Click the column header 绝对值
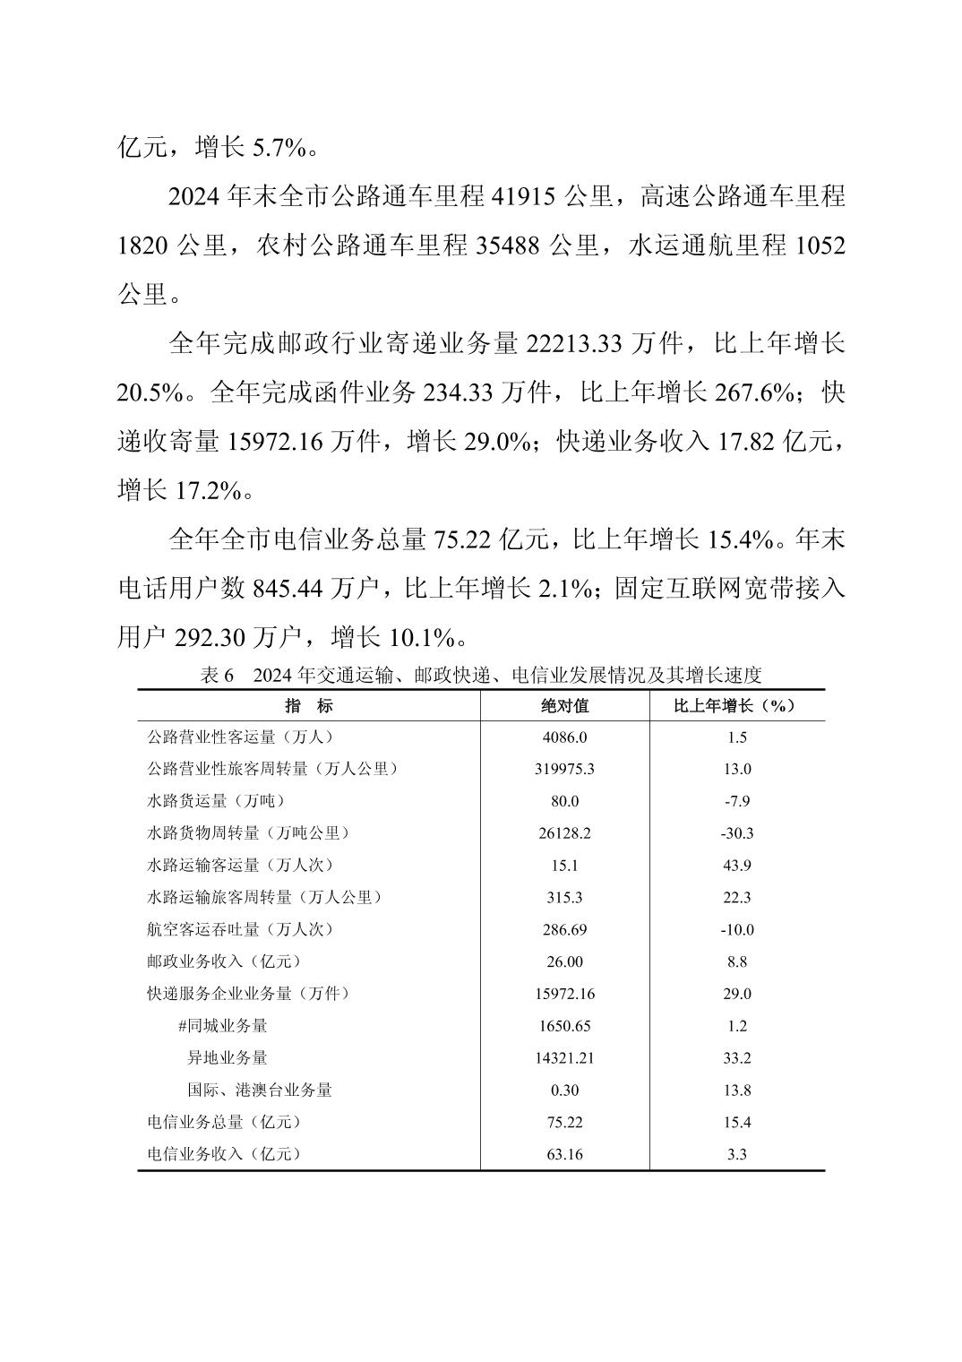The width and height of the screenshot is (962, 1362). [564, 705]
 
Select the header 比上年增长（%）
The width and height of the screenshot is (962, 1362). [736, 705]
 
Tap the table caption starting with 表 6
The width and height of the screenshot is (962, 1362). [480, 676]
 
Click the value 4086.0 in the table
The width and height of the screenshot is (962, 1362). [564, 737]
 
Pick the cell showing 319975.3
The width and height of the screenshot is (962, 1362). [564, 769]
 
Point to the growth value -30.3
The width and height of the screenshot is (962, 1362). [736, 833]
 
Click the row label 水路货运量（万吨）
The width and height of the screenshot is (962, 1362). [216, 801]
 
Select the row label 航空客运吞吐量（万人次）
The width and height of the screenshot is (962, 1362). [240, 929]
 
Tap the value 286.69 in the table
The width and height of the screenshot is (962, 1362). [564, 929]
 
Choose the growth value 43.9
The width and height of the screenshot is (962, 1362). [736, 865]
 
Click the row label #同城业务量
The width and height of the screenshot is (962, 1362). [222, 1026]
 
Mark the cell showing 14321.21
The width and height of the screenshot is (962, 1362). [564, 1058]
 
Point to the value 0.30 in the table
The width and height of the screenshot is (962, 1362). [564, 1090]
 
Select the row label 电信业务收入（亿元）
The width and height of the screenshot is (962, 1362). [224, 1154]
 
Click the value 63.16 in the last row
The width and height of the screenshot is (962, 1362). [564, 1154]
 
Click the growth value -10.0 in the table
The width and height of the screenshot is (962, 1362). [736, 929]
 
